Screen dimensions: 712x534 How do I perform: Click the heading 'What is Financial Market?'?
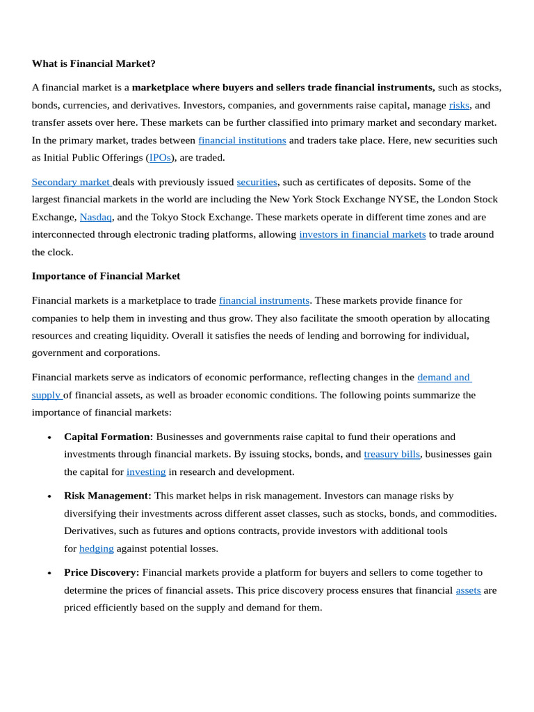click(x=94, y=63)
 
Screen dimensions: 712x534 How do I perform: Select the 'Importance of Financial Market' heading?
click(x=106, y=276)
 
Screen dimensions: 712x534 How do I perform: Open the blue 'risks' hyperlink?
click(x=459, y=105)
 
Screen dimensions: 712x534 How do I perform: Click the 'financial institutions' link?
click(x=242, y=140)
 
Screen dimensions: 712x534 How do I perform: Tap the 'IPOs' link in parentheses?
click(x=160, y=157)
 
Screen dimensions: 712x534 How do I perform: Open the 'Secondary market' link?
click(x=71, y=182)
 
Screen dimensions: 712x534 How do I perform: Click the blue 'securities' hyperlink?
click(x=257, y=182)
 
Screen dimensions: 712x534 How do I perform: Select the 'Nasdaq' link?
click(x=95, y=217)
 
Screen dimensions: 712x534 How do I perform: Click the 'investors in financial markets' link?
click(x=362, y=234)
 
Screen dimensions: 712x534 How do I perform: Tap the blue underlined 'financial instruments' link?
click(x=264, y=300)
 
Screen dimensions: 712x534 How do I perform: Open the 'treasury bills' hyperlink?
click(x=391, y=454)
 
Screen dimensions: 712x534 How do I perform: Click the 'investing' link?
click(x=146, y=471)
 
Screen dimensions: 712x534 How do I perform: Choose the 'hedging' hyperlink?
click(x=96, y=548)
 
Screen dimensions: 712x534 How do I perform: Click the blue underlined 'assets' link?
click(x=468, y=590)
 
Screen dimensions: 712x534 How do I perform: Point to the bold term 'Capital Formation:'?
click(x=108, y=437)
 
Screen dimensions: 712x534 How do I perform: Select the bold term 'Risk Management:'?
click(x=107, y=496)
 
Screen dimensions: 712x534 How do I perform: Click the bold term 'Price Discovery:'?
click(x=102, y=572)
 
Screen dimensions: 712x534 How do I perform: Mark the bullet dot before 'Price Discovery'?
click(x=49, y=574)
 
